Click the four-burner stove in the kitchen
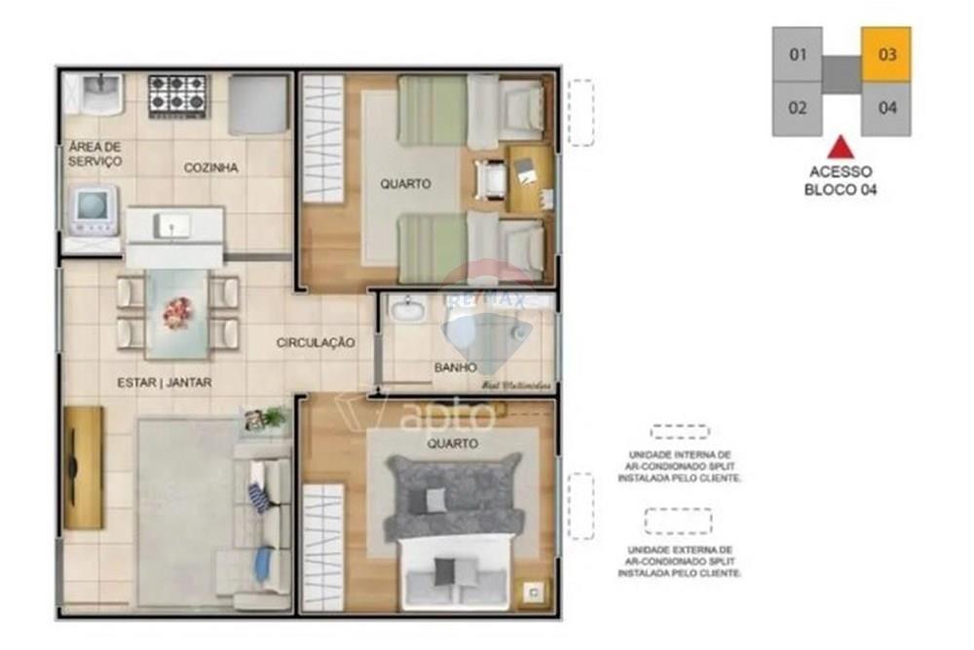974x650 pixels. [178, 96]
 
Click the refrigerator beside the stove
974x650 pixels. [258, 105]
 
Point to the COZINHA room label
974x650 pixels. [211, 168]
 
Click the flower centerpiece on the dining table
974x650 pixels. [176, 313]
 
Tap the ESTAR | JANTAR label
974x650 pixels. [165, 383]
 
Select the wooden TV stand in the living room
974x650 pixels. [83, 468]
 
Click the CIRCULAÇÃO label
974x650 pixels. [315, 343]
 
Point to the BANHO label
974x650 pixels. [456, 367]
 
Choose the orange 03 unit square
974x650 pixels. [886, 55]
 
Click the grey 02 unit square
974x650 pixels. [798, 108]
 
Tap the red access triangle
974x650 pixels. [841, 148]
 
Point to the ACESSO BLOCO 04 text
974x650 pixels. [841, 180]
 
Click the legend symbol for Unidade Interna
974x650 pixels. [680, 432]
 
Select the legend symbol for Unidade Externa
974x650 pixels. [678, 521]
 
